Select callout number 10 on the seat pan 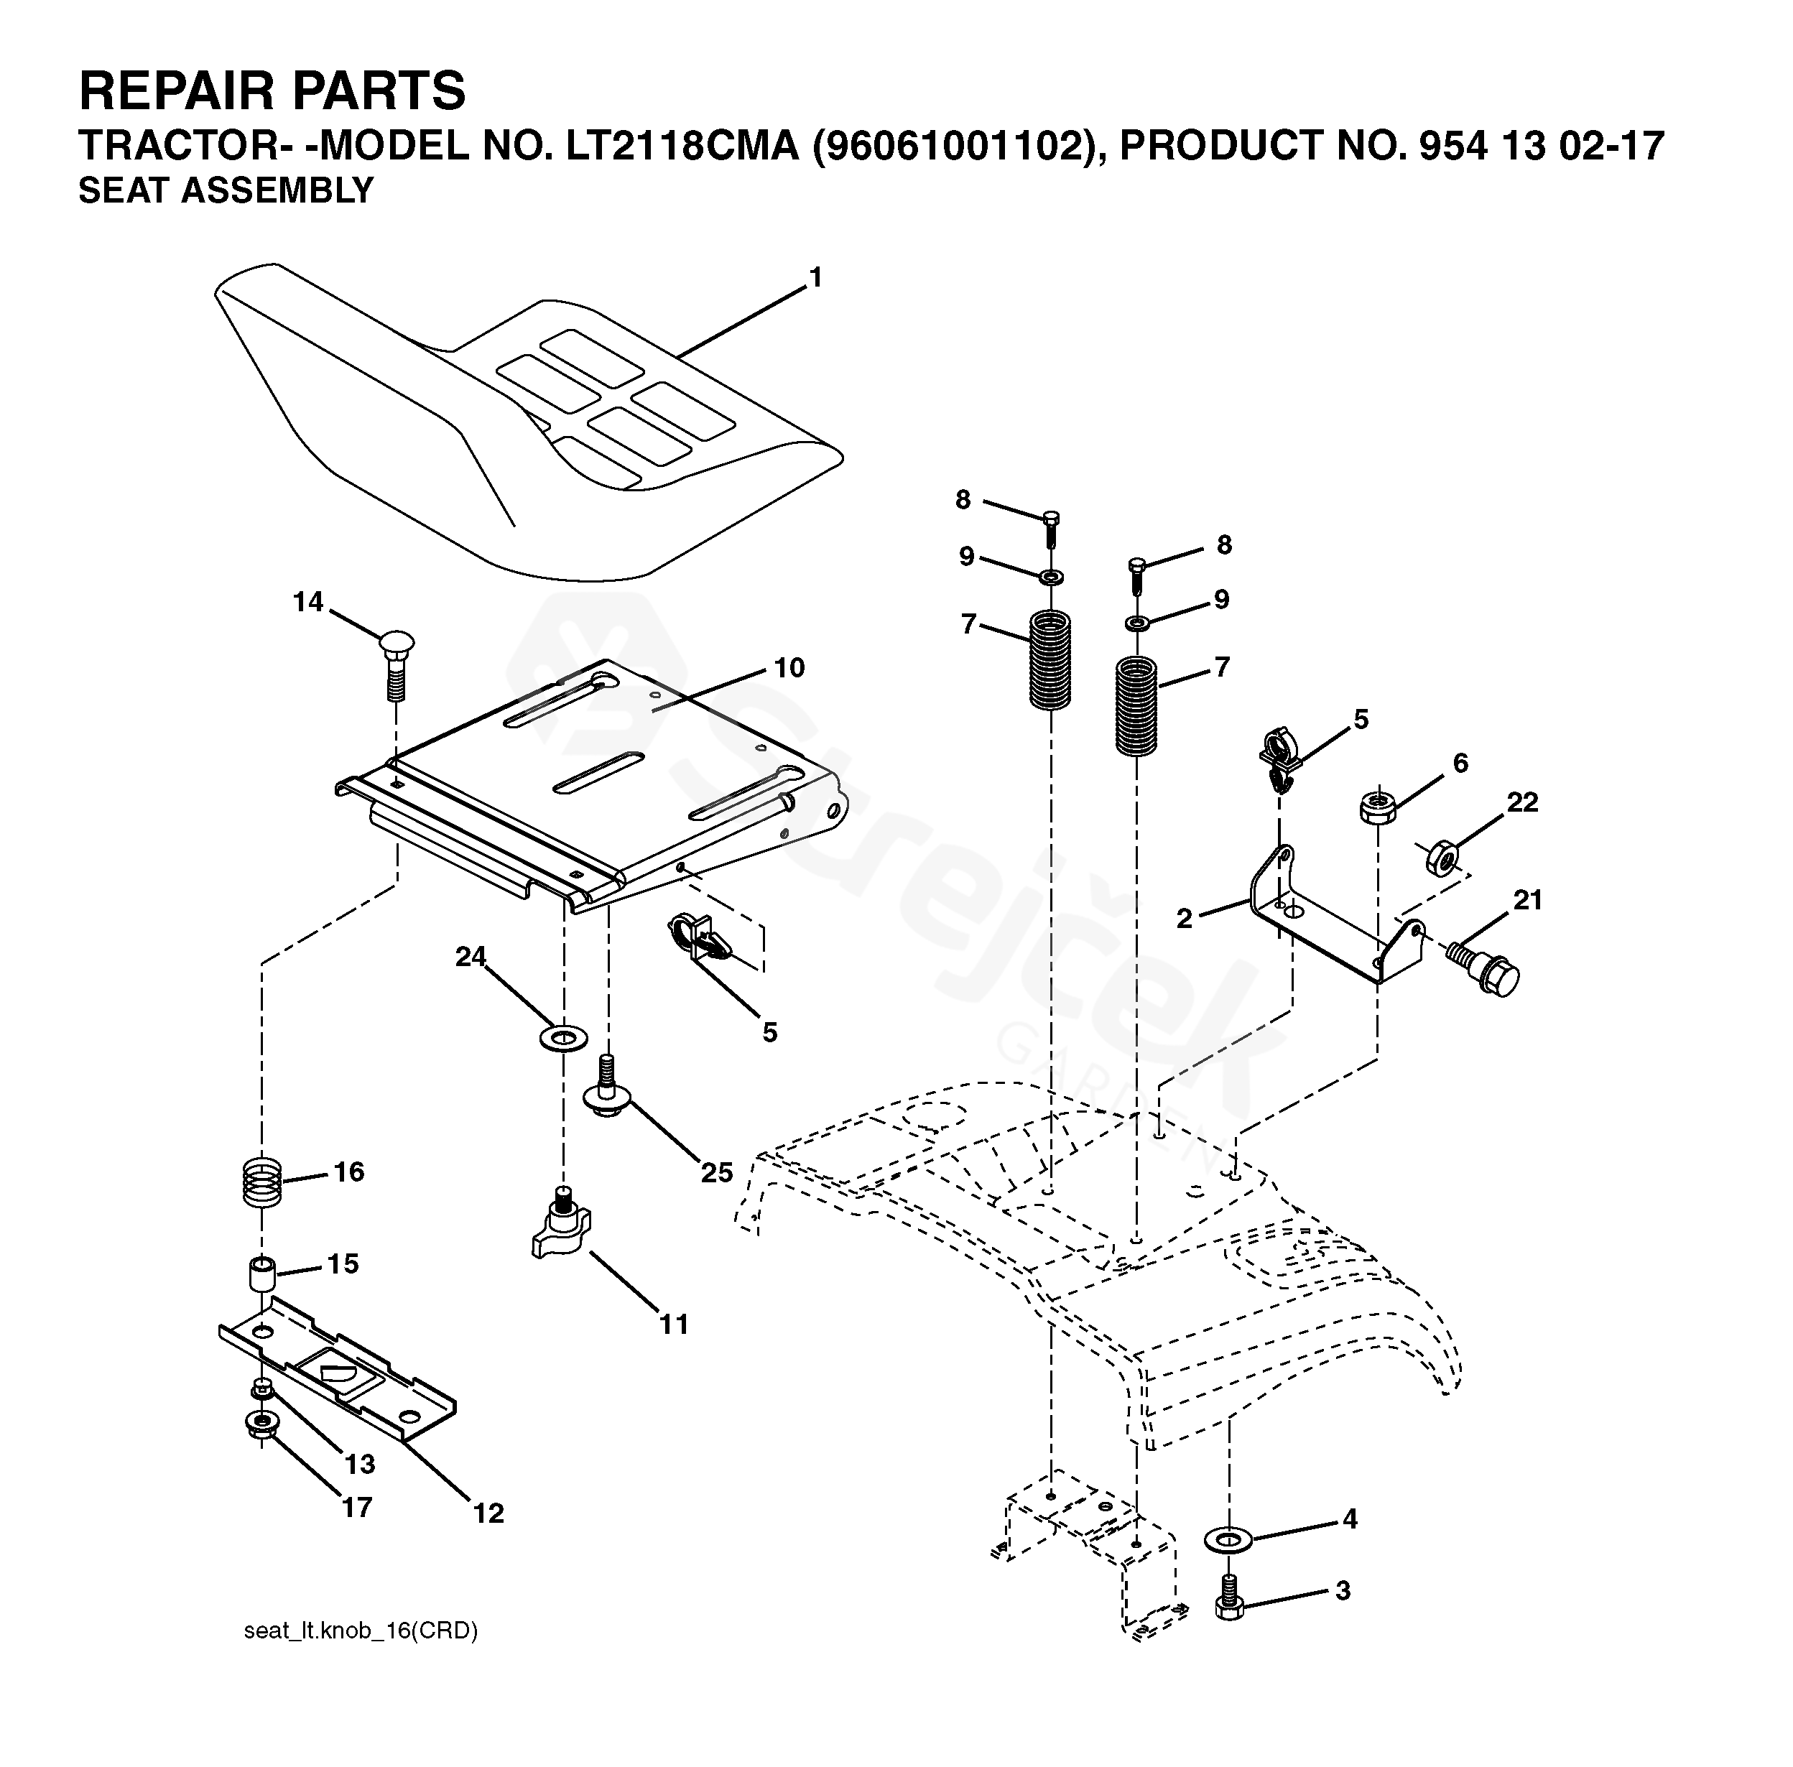click(789, 668)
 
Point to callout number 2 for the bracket click(1184, 919)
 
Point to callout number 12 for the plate click(489, 1513)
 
